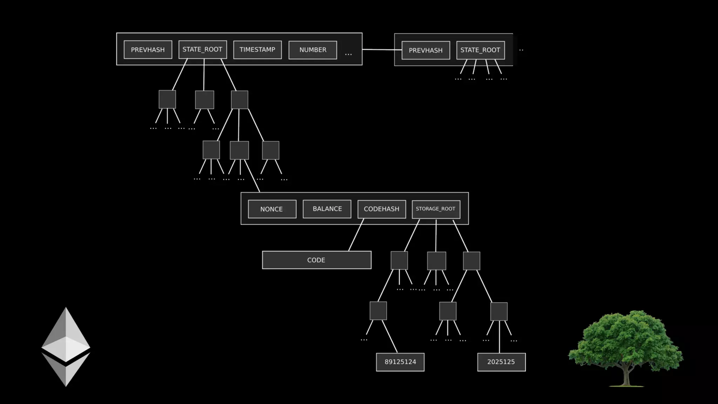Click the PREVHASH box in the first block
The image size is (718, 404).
pos(148,50)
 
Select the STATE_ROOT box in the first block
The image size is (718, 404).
pos(202,49)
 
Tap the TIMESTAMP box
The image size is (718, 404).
pos(257,50)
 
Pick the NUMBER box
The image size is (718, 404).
pos(313,50)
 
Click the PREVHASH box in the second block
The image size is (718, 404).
pos(426,50)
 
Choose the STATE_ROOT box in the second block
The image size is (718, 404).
pos(480,50)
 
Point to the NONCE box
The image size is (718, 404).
pos(272,209)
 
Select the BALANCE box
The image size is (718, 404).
pos(327,209)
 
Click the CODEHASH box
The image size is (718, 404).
pos(381,209)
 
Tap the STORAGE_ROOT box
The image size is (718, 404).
pos(436,209)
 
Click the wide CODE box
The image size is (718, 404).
pos(317,260)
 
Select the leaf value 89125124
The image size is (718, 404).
pos(400,362)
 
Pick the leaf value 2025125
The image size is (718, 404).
pos(501,362)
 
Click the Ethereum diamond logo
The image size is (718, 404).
pos(66,347)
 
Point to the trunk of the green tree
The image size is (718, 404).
pos(626,377)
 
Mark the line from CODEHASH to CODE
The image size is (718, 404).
pos(356,235)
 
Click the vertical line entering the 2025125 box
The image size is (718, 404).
pos(499,338)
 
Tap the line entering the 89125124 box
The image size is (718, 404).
pos(390,337)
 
